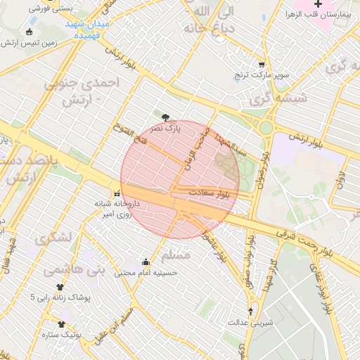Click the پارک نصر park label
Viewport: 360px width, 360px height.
pos(169,129)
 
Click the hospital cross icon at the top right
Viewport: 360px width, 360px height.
pos(318,4)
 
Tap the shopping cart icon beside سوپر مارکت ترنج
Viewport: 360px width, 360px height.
pos(262,64)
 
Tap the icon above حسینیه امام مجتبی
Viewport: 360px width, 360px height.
pos(146,262)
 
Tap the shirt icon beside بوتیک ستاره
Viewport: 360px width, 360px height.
pos(61,324)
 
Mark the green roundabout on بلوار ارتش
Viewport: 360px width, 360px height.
pos(266,128)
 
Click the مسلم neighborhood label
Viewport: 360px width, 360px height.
pos(175,254)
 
